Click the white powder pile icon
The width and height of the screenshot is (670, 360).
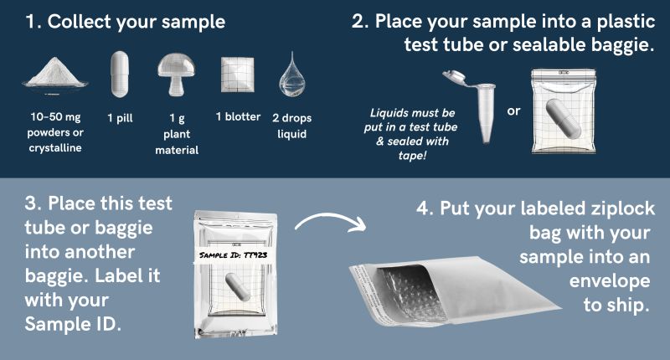pos(55,74)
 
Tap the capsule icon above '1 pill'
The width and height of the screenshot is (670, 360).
pos(120,75)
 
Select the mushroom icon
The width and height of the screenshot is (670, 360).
pos(176,75)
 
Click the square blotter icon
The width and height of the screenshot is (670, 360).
pos(238,75)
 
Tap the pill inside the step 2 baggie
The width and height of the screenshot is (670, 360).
pos(564,118)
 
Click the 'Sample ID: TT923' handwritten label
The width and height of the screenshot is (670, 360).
pos(234,255)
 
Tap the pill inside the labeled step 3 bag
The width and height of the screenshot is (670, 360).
pos(237,286)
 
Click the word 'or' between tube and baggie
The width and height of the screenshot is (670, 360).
pos(513,111)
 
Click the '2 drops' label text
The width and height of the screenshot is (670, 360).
pos(291,118)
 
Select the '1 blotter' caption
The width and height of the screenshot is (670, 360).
pos(238,116)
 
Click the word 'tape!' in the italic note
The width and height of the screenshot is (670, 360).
pos(412,156)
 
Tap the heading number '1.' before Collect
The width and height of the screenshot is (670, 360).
pos(33,22)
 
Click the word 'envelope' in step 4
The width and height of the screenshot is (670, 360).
pos(610,281)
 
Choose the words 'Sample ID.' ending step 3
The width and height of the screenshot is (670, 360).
pos(73,324)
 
